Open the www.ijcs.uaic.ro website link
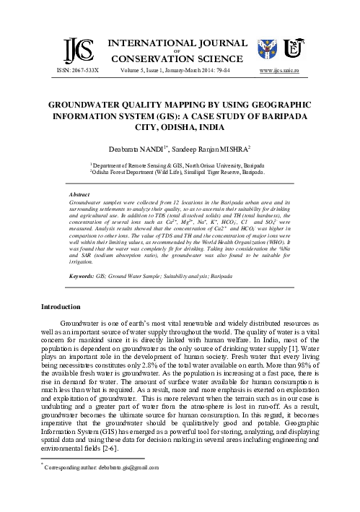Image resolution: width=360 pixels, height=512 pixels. click(x=289, y=71)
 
